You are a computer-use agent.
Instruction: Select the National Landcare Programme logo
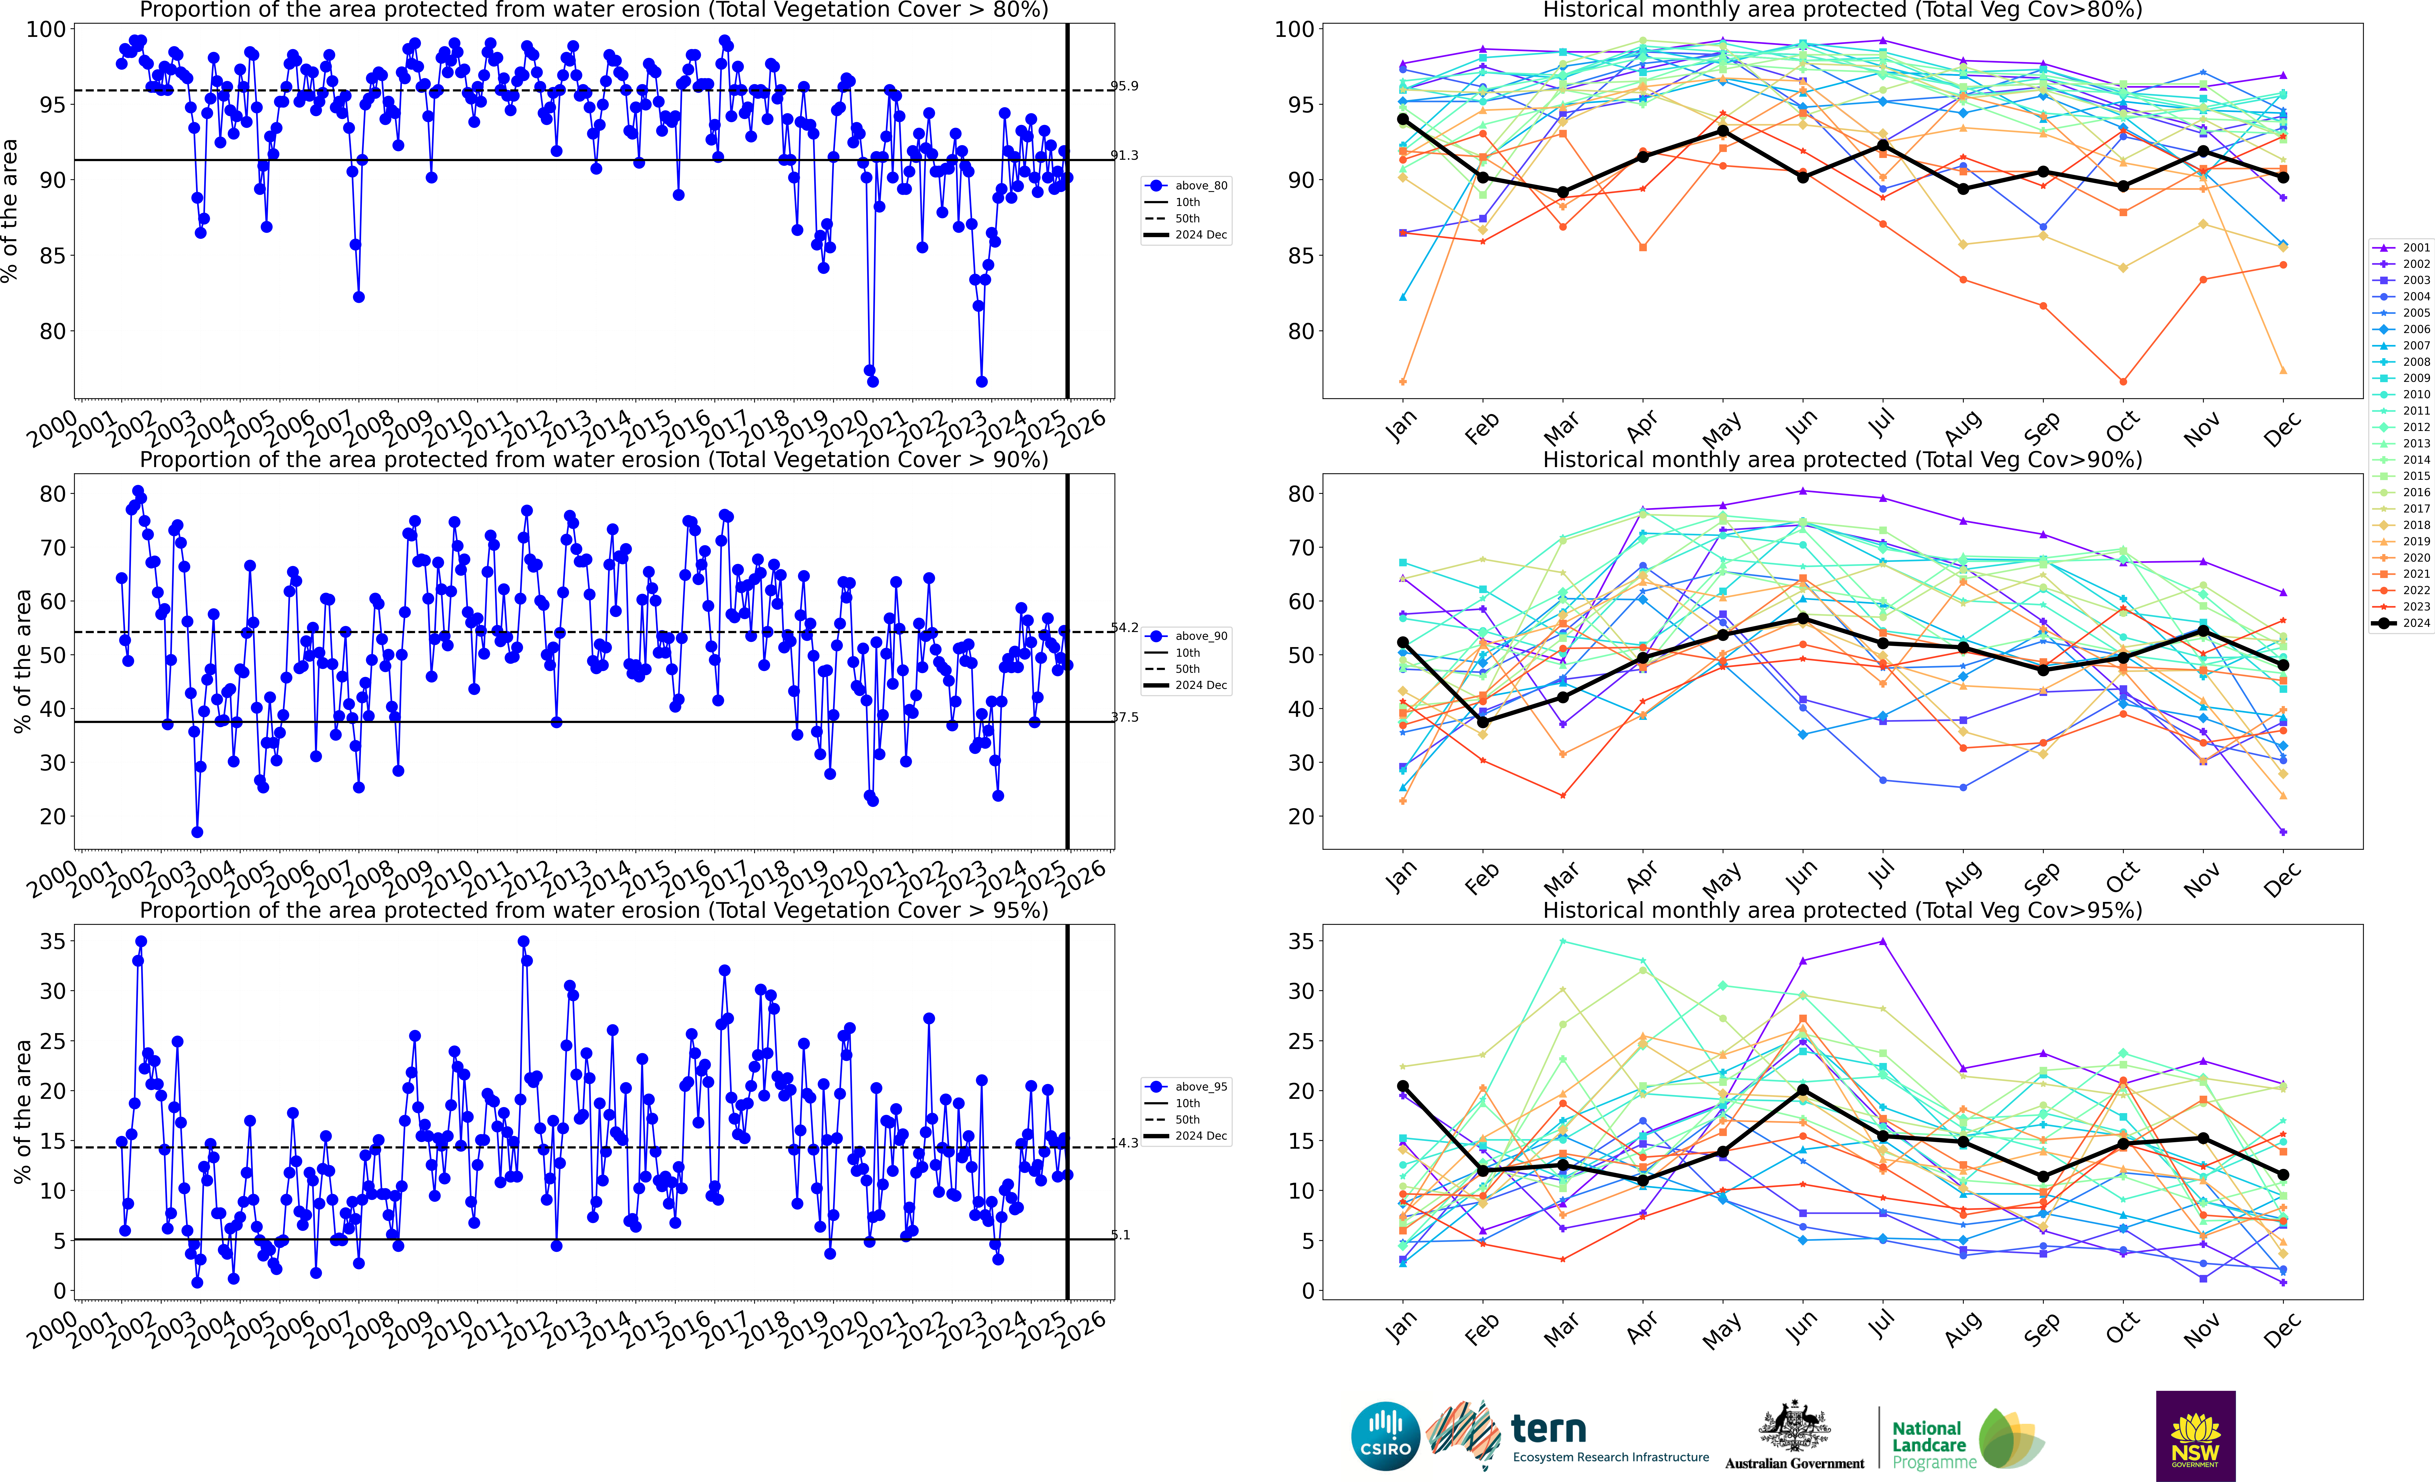(x=1967, y=1439)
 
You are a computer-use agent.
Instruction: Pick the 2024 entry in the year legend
(x=2401, y=622)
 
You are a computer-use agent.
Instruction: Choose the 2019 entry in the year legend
(x=2401, y=541)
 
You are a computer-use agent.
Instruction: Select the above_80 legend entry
(x=1186, y=186)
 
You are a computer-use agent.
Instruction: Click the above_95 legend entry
(x=1186, y=1087)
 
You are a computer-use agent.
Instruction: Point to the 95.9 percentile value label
(x=1125, y=86)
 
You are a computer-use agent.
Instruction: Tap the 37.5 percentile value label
(x=1125, y=717)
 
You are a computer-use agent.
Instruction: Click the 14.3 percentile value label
(x=1125, y=1143)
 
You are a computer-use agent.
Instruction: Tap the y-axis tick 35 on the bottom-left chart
(x=52, y=942)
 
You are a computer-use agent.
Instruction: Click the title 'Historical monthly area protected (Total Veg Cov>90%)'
(x=1843, y=460)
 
